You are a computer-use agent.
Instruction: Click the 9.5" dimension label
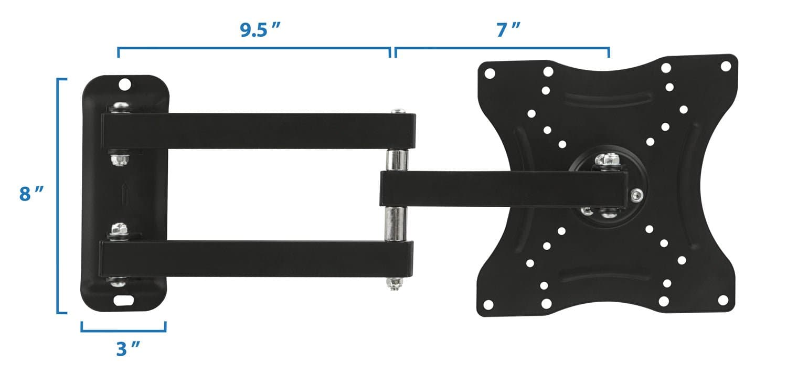(258, 30)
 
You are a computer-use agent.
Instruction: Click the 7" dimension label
(508, 30)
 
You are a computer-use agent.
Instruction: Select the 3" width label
(128, 349)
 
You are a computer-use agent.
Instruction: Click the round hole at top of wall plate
(124, 84)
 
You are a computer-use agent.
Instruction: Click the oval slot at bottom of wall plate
(124, 301)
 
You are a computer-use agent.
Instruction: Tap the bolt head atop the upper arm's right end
(398, 111)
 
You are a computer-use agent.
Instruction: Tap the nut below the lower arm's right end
(395, 284)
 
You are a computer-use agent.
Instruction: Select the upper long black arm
(257, 131)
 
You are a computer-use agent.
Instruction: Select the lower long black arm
(257, 258)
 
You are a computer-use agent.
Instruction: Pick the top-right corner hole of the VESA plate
(726, 67)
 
